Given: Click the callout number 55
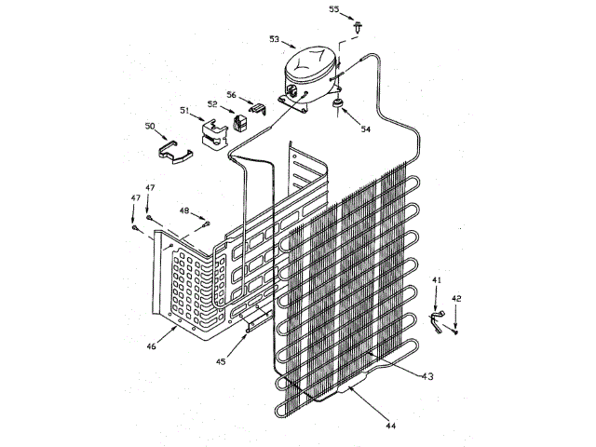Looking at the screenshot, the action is coord(334,8).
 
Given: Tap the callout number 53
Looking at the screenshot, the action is coord(274,39).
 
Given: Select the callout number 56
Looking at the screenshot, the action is coord(232,94).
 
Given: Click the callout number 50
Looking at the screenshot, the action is coord(150,126).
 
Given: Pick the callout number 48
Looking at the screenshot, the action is coord(184,210).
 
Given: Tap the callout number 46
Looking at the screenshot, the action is coord(150,345).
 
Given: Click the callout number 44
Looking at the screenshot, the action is coord(390,426).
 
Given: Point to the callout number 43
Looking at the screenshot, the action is coord(427,376).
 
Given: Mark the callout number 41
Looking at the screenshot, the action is coord(437,279).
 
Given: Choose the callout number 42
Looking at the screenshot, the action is coord(456,298).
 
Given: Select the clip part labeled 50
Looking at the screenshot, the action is coord(174,150).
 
